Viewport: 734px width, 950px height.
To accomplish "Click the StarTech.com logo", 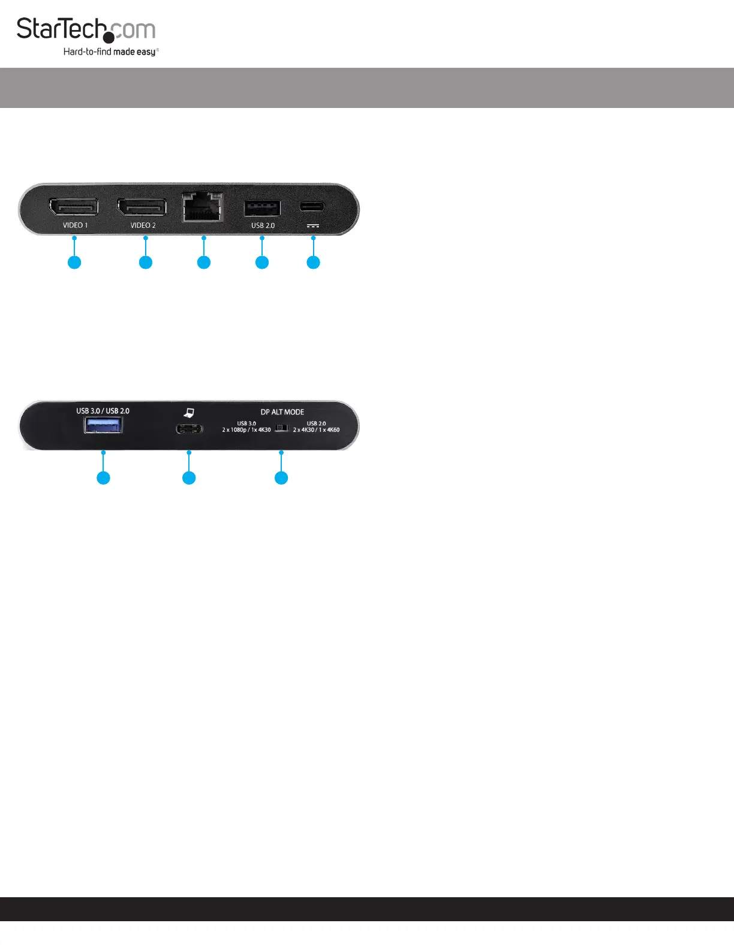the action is (x=86, y=30).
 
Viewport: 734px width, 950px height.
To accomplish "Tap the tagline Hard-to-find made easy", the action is (x=110, y=52).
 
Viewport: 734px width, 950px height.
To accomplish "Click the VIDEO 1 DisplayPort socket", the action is (x=74, y=207).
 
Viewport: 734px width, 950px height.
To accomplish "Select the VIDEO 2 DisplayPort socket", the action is (x=142, y=207).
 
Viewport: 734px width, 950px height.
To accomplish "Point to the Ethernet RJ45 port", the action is (x=203, y=207).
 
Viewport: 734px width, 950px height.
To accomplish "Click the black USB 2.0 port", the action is (x=262, y=208).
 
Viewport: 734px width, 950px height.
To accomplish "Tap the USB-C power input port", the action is (x=312, y=207).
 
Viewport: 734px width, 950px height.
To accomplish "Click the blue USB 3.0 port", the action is (x=103, y=425).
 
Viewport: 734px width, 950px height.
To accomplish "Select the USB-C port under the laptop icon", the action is (x=189, y=429).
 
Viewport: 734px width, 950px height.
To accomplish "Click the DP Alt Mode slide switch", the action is (x=281, y=428).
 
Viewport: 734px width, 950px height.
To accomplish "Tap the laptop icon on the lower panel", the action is (x=189, y=413).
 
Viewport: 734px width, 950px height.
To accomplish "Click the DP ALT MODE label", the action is (x=282, y=412).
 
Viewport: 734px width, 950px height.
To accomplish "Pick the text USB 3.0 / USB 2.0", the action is (x=103, y=411).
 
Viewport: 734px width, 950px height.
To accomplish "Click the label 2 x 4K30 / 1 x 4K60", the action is (x=316, y=430).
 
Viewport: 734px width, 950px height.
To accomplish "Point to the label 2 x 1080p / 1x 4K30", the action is (x=246, y=430).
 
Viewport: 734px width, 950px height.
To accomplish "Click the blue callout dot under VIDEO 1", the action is (x=74, y=262).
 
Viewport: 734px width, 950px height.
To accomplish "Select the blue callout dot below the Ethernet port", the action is (x=204, y=262).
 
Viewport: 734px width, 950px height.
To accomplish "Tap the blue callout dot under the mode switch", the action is (x=281, y=477).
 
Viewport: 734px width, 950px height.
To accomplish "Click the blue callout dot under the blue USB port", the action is (x=103, y=477).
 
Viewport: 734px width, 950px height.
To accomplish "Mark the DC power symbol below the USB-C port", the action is (x=312, y=226).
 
